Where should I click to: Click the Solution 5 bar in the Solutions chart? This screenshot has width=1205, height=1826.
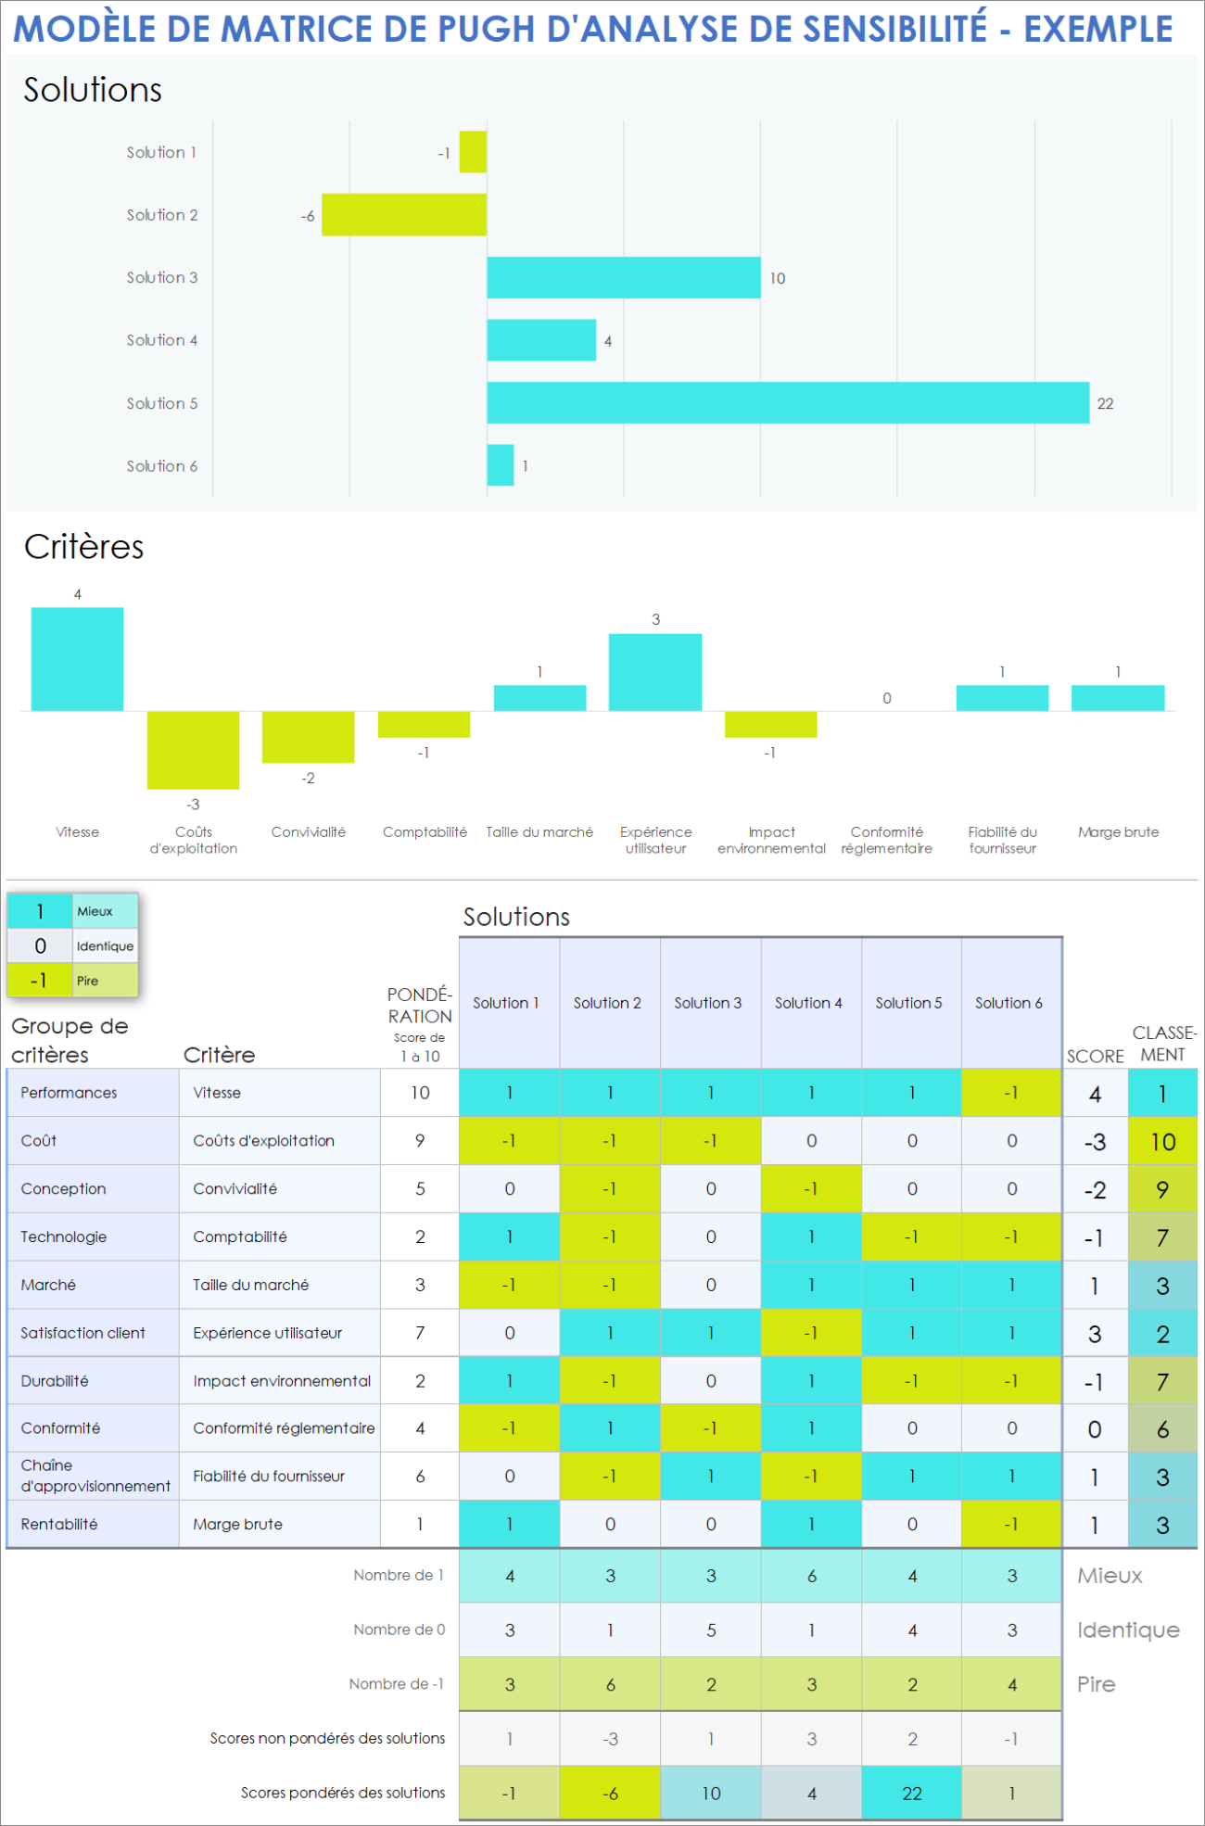(x=788, y=403)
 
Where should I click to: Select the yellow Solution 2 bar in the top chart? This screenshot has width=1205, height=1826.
(x=404, y=215)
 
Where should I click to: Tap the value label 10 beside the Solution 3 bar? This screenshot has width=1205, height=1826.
(x=778, y=278)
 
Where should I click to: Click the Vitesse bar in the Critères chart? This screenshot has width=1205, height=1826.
(x=77, y=659)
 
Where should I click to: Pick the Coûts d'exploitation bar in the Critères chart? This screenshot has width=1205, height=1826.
(x=193, y=750)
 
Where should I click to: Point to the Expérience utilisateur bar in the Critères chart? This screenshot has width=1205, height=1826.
(x=655, y=672)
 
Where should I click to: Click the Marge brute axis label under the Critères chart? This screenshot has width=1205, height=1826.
(x=1118, y=832)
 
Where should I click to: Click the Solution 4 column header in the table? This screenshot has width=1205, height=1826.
(x=809, y=1003)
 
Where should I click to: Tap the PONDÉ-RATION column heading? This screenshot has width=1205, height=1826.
(x=420, y=1006)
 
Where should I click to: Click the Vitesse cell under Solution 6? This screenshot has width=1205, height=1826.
(x=1011, y=1093)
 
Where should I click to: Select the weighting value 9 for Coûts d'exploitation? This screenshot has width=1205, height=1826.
(x=420, y=1141)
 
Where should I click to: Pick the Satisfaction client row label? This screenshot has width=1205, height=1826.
(x=83, y=1333)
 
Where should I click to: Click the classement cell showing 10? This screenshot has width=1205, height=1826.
(x=1162, y=1142)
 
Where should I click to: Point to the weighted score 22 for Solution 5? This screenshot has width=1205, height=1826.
(x=912, y=1794)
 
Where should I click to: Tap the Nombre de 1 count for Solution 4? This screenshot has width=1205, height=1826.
(x=812, y=1576)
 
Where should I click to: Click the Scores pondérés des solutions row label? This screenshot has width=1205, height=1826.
(x=343, y=1793)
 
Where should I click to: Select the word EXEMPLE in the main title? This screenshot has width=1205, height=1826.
(x=1098, y=30)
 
